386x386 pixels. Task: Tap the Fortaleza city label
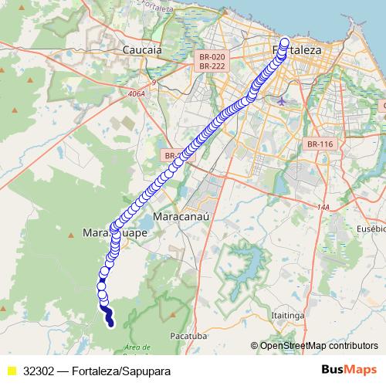click(x=297, y=49)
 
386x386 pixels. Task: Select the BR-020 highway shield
click(x=212, y=56)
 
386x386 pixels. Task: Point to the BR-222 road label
click(x=212, y=66)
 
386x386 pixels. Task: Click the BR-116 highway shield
click(x=319, y=144)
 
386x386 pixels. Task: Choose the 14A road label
click(x=322, y=207)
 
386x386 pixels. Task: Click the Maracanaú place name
click(x=183, y=218)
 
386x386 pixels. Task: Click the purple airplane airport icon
click(x=281, y=100)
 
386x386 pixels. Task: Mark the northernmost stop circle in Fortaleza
click(x=284, y=42)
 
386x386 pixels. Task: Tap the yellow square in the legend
click(x=11, y=371)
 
